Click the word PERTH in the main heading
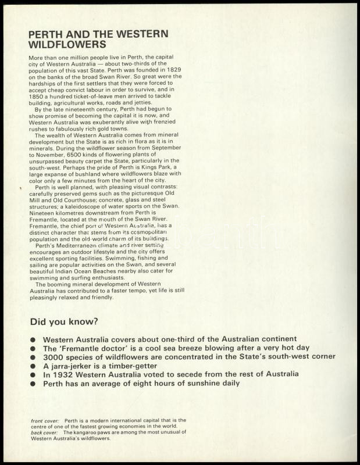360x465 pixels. [x=47, y=34]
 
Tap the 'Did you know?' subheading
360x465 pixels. [x=63, y=321]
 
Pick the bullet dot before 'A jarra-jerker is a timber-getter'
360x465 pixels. [x=34, y=367]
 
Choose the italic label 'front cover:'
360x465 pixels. [x=45, y=420]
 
